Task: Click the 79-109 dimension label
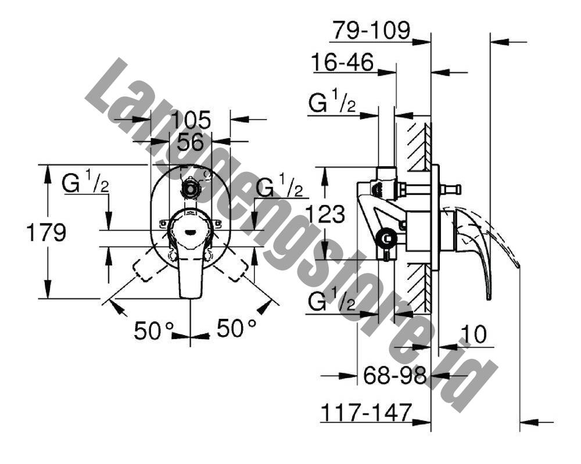click(x=371, y=30)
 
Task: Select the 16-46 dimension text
click(x=343, y=62)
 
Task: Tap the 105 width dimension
click(x=192, y=120)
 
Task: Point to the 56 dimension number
click(x=191, y=142)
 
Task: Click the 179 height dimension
click(x=46, y=232)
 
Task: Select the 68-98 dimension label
click(x=395, y=376)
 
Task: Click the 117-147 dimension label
click(x=366, y=412)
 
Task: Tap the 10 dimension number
click(x=474, y=334)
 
